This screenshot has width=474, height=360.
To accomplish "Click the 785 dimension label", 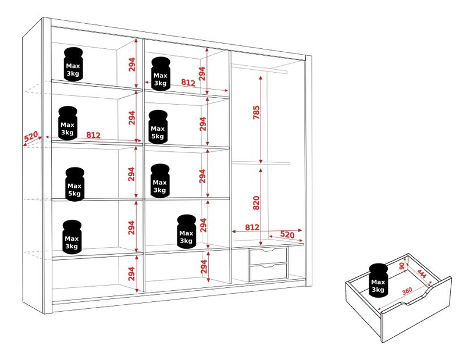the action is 256,112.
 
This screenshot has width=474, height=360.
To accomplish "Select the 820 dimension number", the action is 256,203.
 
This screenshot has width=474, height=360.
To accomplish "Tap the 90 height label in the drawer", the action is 402,266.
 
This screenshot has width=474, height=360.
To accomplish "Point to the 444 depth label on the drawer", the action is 422,274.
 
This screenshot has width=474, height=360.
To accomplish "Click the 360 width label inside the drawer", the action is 407,291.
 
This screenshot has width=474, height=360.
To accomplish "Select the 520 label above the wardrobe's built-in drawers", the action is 287,234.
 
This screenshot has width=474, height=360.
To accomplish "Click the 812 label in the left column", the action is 93,135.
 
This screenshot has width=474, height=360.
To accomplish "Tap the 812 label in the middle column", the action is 188,82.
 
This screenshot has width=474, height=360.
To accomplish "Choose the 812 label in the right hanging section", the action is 252,227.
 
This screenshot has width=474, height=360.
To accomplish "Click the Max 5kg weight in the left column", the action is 74,184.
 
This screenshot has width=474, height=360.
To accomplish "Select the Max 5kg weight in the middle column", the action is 158,127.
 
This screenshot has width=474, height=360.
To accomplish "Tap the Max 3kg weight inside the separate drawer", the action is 378,280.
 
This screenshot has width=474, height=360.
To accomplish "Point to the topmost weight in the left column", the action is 73,65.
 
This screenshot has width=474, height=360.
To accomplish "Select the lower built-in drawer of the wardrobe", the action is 268,272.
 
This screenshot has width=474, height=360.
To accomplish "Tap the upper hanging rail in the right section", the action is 259,68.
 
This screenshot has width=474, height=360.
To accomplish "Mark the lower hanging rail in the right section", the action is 261,163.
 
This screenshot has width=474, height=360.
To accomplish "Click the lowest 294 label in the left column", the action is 131,274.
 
